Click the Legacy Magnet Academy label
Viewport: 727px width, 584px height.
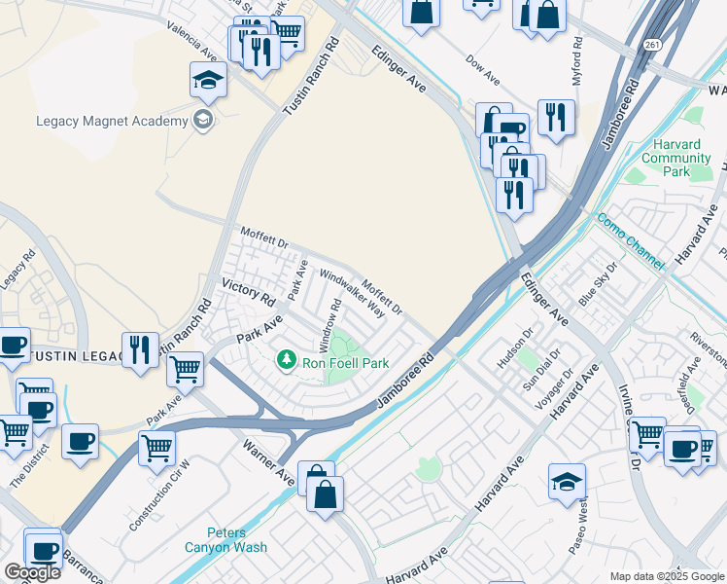point(112,121)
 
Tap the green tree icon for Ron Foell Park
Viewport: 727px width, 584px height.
point(286,361)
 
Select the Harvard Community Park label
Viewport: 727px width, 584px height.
point(675,158)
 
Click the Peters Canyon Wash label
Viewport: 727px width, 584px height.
point(225,539)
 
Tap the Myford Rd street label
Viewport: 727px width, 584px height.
point(577,61)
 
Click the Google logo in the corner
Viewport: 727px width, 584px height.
point(32,572)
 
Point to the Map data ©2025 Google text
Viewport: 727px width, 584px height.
point(667,576)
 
